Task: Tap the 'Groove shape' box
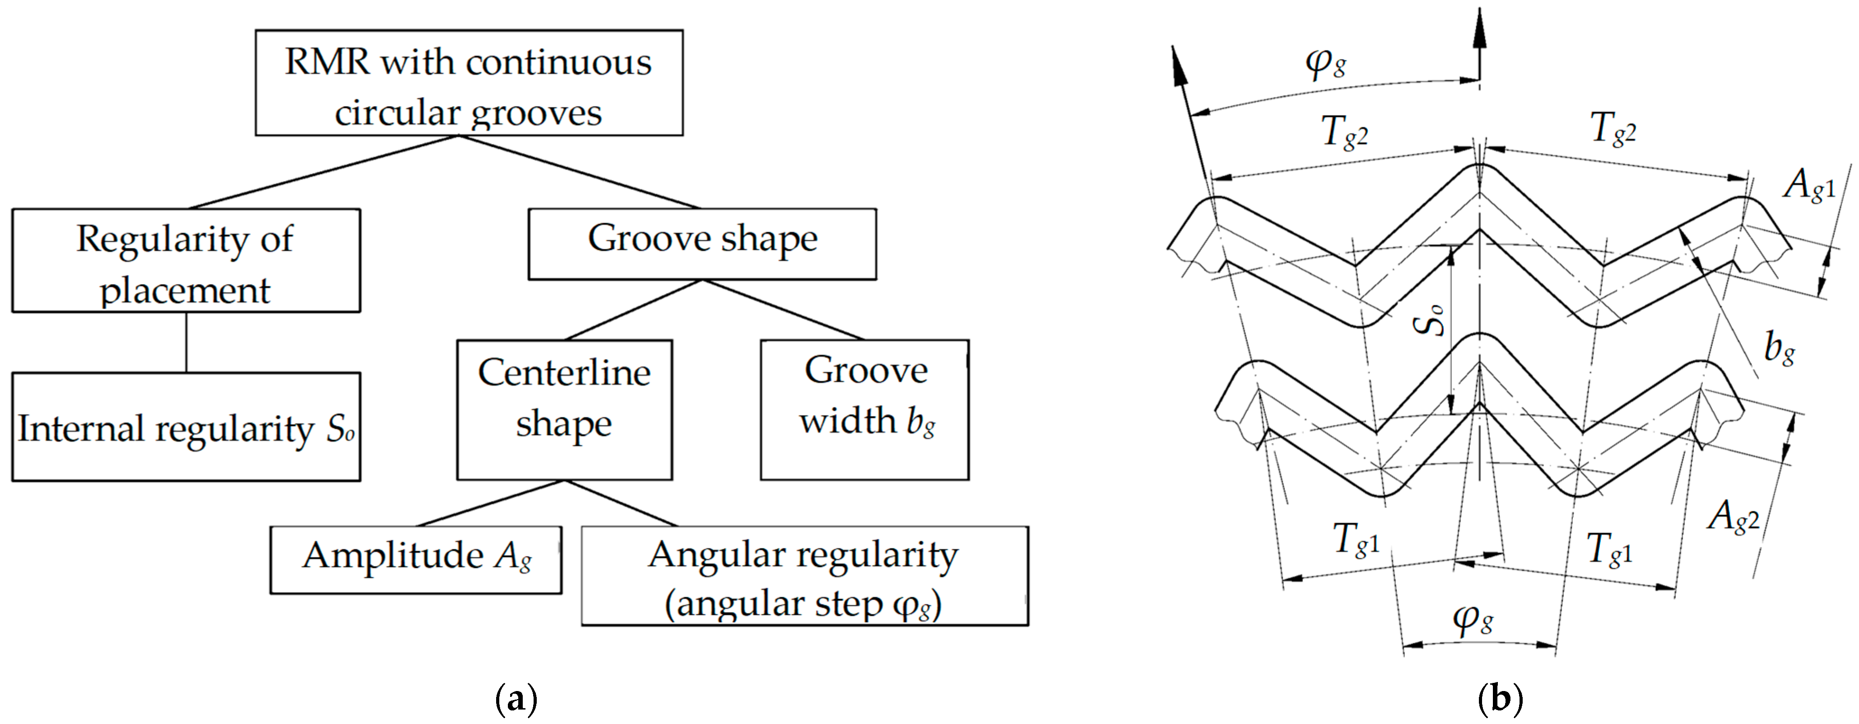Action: tap(702, 244)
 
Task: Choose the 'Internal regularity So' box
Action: tap(186, 427)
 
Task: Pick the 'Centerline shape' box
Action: tap(564, 409)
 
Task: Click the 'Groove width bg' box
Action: tap(864, 409)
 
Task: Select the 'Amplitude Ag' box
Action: tap(416, 560)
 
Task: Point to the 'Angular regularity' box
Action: tap(804, 575)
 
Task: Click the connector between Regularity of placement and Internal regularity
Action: tap(186, 342)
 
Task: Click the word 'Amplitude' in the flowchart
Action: tap(393, 556)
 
